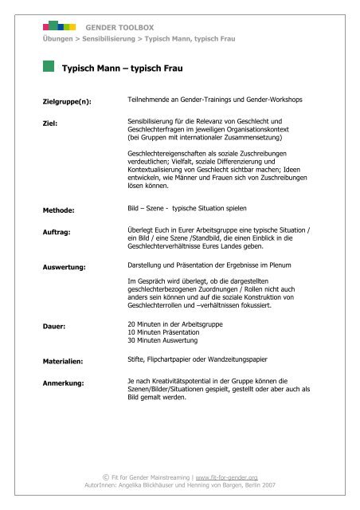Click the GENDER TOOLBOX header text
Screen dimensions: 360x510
point(119,26)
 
